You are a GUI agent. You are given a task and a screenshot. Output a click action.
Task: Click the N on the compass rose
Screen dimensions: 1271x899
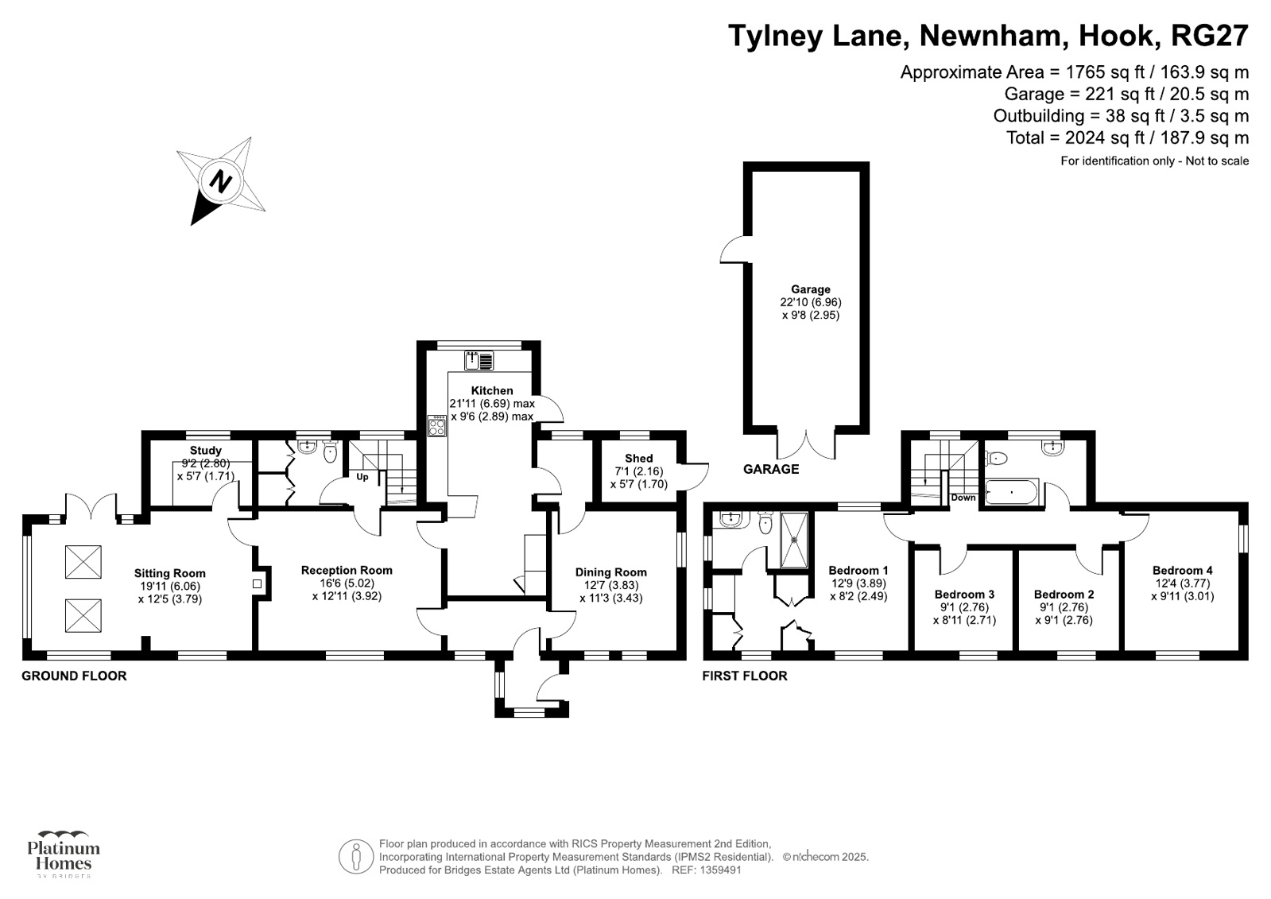click(x=221, y=182)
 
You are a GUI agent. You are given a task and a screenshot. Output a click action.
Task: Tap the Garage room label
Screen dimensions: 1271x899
click(x=811, y=289)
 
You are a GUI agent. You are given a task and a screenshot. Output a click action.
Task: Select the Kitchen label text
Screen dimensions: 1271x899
click(x=492, y=390)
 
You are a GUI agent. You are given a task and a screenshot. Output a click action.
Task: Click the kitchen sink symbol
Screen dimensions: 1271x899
click(x=479, y=361)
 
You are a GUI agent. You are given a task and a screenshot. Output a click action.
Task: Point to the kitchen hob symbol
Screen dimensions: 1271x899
click(x=437, y=426)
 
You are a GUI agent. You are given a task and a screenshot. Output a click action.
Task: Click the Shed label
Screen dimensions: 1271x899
click(x=639, y=458)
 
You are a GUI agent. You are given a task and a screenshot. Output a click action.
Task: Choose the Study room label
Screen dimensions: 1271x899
click(x=205, y=451)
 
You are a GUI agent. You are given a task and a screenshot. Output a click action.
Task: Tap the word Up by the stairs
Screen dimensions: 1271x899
click(x=362, y=477)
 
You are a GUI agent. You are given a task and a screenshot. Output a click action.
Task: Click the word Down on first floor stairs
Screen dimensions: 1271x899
click(x=963, y=498)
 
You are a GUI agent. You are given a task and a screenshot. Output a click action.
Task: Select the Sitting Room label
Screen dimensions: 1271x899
click(x=169, y=573)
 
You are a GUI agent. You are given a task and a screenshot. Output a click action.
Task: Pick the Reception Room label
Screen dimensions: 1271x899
click(x=347, y=570)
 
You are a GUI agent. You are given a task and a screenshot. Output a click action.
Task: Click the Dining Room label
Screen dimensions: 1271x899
click(x=611, y=572)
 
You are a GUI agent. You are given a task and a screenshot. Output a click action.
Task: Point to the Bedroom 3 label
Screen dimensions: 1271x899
click(x=965, y=595)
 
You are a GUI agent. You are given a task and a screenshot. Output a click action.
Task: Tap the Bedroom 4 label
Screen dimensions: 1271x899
click(x=1183, y=571)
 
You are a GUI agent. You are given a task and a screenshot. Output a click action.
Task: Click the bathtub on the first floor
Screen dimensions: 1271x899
click(x=1012, y=492)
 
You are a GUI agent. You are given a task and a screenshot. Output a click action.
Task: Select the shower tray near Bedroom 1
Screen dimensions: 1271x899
click(x=794, y=541)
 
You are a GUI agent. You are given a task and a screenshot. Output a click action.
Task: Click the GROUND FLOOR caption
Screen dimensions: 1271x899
click(x=75, y=676)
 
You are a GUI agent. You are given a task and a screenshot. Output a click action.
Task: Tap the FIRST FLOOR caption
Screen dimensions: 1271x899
click(x=745, y=676)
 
